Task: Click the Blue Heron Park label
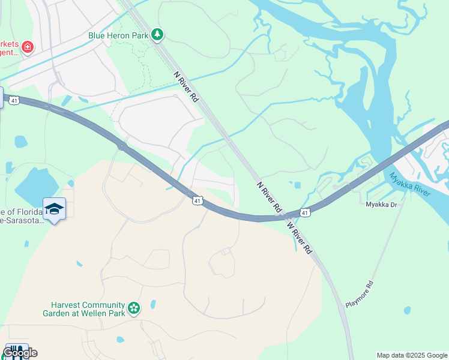point(118,35)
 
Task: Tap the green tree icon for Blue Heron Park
point(157,35)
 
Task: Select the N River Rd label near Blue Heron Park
point(185,86)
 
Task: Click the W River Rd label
point(300,237)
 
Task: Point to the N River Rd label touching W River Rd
point(270,197)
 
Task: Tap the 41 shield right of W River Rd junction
point(306,213)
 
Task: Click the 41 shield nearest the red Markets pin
point(14,100)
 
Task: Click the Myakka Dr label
point(382,205)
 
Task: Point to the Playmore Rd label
point(360,294)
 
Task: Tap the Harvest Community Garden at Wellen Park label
point(83,309)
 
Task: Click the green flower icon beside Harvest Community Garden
point(134,309)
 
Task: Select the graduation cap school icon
point(54,209)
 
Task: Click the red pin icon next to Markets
point(27,46)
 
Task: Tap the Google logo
point(19,353)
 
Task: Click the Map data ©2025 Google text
point(412,355)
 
